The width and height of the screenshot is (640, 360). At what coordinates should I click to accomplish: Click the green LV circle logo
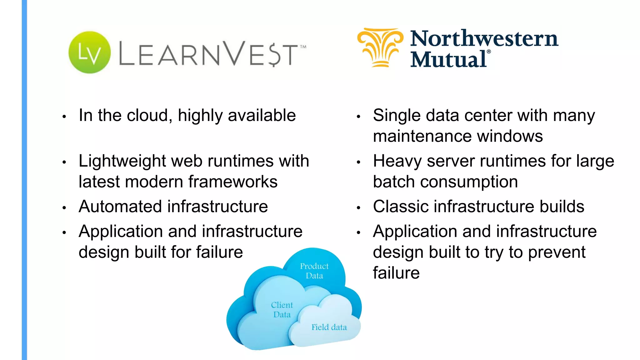89,52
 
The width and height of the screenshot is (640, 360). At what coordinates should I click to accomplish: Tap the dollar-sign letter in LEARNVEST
274,55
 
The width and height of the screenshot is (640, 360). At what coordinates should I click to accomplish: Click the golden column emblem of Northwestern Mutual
380,47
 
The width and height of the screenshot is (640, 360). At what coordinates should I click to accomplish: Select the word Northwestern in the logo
484,39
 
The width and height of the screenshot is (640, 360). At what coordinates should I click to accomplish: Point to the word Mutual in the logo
449,59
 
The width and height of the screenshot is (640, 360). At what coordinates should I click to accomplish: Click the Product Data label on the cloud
314,271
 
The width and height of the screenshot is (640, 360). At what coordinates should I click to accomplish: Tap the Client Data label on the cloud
282,309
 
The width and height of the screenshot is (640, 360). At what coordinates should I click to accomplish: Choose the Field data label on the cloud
329,327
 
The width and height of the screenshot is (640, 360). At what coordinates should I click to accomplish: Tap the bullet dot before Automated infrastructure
64,207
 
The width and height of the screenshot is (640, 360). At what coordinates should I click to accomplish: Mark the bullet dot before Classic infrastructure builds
359,207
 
